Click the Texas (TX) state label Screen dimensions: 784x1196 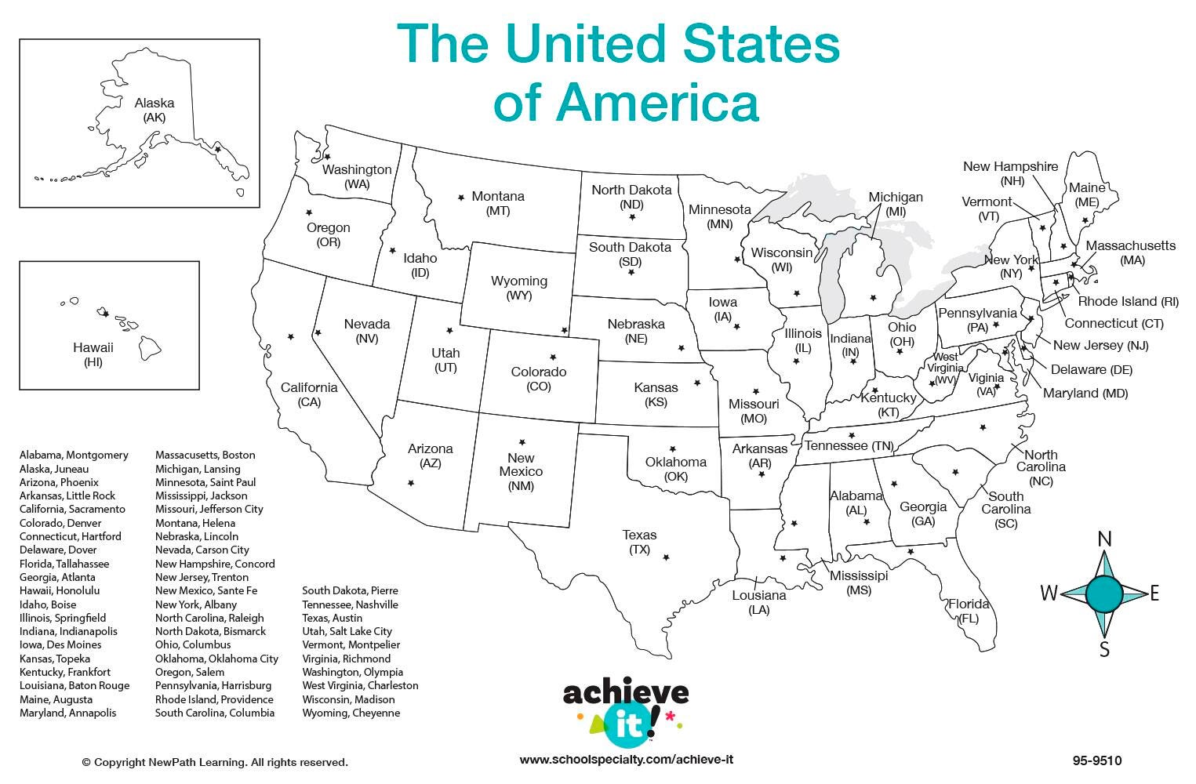[x=640, y=542]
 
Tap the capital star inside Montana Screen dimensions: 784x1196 [x=460, y=197]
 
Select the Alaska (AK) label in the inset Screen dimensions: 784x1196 [x=154, y=110]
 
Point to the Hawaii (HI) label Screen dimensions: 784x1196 [x=93, y=354]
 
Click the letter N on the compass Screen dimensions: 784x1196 [x=1104, y=539]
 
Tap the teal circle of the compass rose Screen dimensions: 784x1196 [x=1104, y=593]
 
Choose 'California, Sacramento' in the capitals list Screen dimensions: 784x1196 [x=72, y=509]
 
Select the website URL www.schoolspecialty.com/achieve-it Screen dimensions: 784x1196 [x=626, y=760]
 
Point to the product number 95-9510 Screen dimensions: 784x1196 [x=1097, y=760]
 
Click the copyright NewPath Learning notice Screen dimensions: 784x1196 [x=214, y=762]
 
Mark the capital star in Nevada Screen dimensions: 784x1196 [x=318, y=332]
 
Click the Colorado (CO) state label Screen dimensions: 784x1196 [x=539, y=379]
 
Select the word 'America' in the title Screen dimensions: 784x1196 [x=626, y=103]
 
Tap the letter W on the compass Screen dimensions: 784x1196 [x=1049, y=593]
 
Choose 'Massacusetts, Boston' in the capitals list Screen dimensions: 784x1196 [x=205, y=455]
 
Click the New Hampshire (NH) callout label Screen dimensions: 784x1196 [x=1010, y=173]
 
